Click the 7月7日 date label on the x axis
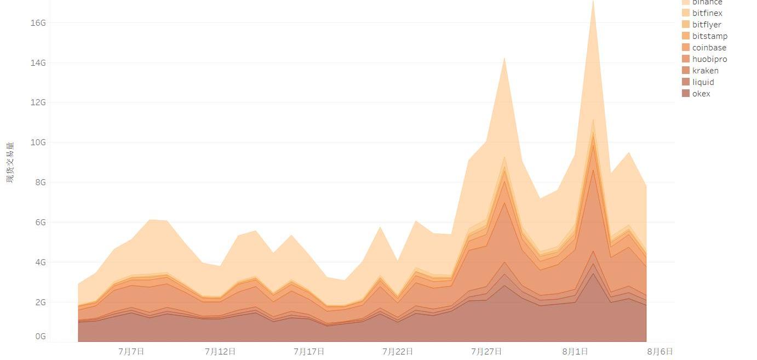click(x=131, y=352)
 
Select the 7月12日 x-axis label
click(x=220, y=352)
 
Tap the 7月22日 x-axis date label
click(x=398, y=352)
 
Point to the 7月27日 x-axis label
click(x=486, y=352)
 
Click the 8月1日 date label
click(x=575, y=352)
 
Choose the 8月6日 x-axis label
click(x=660, y=352)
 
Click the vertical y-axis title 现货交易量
click(x=10, y=162)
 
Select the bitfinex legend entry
click(x=707, y=13)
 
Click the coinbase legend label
click(x=709, y=48)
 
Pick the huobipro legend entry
click(x=709, y=59)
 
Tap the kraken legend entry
click(x=705, y=71)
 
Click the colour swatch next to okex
click(x=686, y=94)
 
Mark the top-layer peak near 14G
click(x=504, y=58)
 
